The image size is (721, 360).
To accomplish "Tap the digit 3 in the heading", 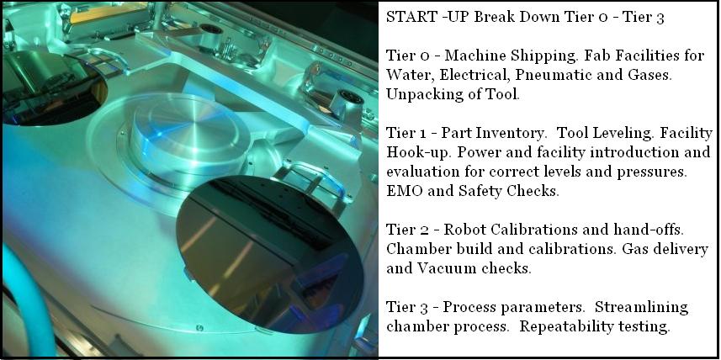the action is pos(660,18).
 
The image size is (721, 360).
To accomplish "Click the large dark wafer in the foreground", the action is pos(270,254).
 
